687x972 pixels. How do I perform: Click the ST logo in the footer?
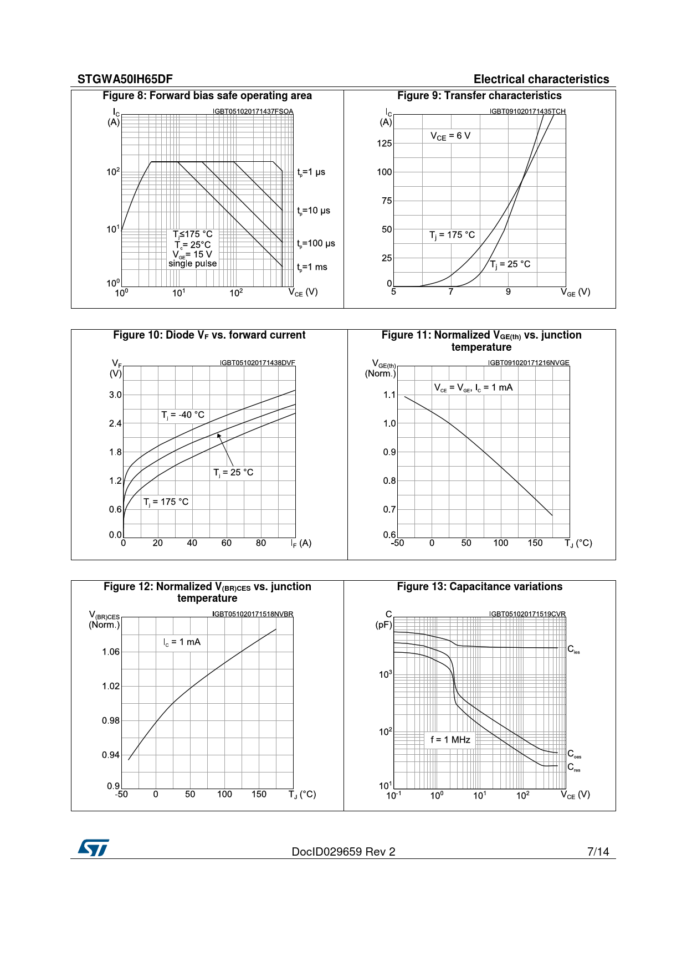tap(93, 848)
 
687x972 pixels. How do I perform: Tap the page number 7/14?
tap(598, 852)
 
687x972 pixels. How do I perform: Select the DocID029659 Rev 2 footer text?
tap(343, 852)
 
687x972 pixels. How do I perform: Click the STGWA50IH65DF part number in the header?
tap(125, 79)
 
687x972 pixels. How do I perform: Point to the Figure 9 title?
tap(479, 96)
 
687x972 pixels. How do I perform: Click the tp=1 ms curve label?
tap(312, 267)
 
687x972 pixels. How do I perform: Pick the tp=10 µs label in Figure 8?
tap(314, 211)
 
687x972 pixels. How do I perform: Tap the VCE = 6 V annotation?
tap(450, 136)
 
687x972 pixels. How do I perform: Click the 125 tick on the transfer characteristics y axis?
tap(384, 144)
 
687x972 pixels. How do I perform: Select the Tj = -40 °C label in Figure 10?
tap(183, 415)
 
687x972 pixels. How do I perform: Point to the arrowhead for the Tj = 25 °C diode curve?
tap(219, 436)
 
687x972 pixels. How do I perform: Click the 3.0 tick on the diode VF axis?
tap(115, 395)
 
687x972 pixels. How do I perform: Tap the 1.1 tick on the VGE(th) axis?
tap(389, 395)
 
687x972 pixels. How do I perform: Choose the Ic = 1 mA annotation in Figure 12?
tap(182, 642)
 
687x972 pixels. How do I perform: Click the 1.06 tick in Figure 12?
tap(111, 652)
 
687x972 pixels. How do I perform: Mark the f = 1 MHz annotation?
tap(450, 740)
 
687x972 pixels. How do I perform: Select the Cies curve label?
tap(573, 649)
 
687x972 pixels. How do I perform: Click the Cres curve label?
tap(573, 768)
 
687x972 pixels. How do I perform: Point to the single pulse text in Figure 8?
tap(192, 264)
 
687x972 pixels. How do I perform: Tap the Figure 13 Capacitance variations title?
tap(479, 587)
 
